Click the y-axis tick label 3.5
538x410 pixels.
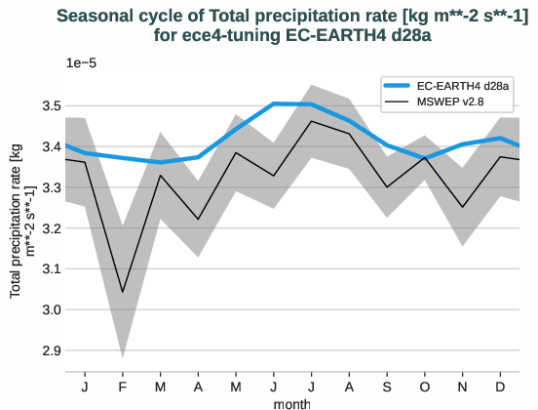49,105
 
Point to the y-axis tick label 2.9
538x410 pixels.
49,349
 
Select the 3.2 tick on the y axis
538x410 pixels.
49,227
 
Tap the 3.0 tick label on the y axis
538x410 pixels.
49,309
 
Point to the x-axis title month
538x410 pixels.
292,402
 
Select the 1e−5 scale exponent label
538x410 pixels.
83,62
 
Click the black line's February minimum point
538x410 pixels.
123,292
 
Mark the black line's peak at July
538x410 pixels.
311,121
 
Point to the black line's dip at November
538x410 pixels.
463,207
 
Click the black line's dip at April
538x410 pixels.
198,220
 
